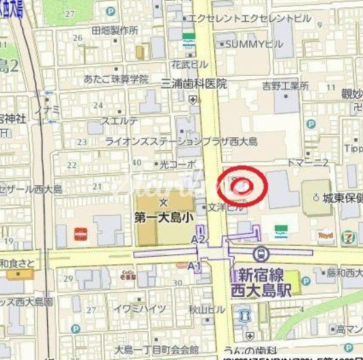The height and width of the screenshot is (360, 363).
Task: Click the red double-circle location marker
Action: click(x=244, y=184)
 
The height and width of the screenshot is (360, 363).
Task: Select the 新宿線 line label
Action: click(x=260, y=274)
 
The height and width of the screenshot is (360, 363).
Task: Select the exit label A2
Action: click(x=198, y=239)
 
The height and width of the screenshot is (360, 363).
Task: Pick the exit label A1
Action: click(x=194, y=265)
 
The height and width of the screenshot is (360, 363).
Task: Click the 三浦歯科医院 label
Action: click(x=194, y=83)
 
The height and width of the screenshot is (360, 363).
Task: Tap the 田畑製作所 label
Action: click(x=115, y=31)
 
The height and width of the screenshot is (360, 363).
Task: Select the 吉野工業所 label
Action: click(x=285, y=85)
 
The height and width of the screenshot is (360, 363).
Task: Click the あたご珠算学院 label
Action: click(x=116, y=79)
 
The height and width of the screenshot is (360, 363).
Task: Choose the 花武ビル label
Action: click(x=189, y=64)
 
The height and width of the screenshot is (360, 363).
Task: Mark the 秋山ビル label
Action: click(x=207, y=309)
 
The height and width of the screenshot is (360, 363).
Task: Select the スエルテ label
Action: click(x=119, y=121)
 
